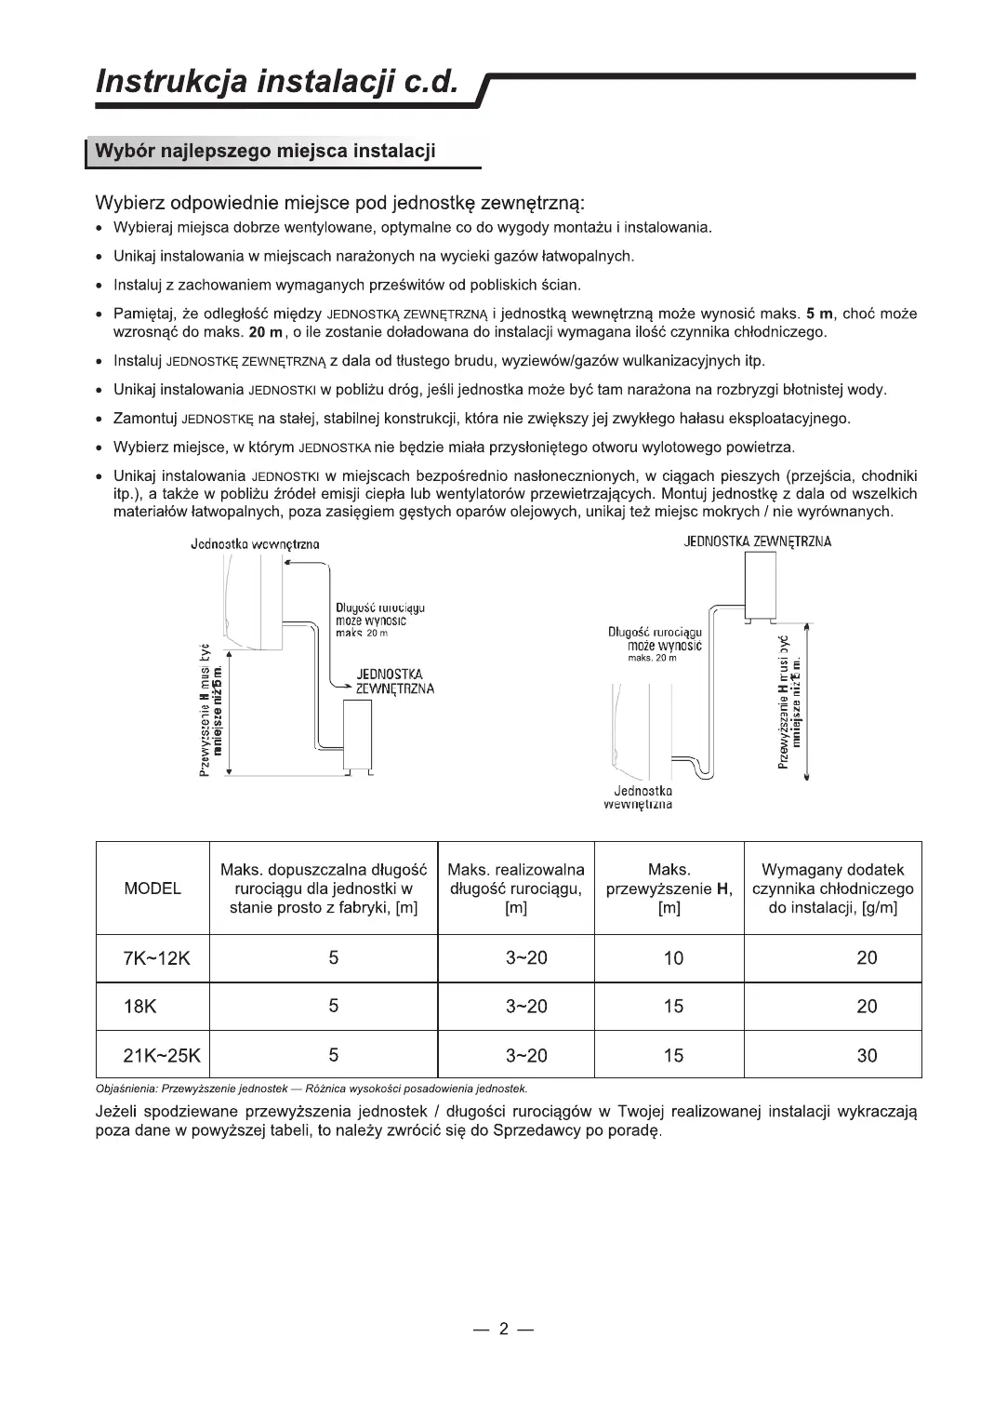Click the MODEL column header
pos(152,889)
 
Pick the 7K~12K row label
pos(156,958)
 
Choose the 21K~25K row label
pos(162,1056)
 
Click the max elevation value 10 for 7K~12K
pos(673,958)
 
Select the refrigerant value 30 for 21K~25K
pos(867,1056)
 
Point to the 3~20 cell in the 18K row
pos(526,1007)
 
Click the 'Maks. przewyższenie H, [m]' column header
pos(669,889)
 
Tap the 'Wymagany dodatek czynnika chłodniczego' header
pos(832,889)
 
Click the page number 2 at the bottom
pos(503,1329)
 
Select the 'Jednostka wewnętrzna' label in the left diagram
pos(255,544)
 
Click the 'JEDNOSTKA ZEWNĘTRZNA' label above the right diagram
pos(758,541)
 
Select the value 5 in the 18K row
pos(333,1007)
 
